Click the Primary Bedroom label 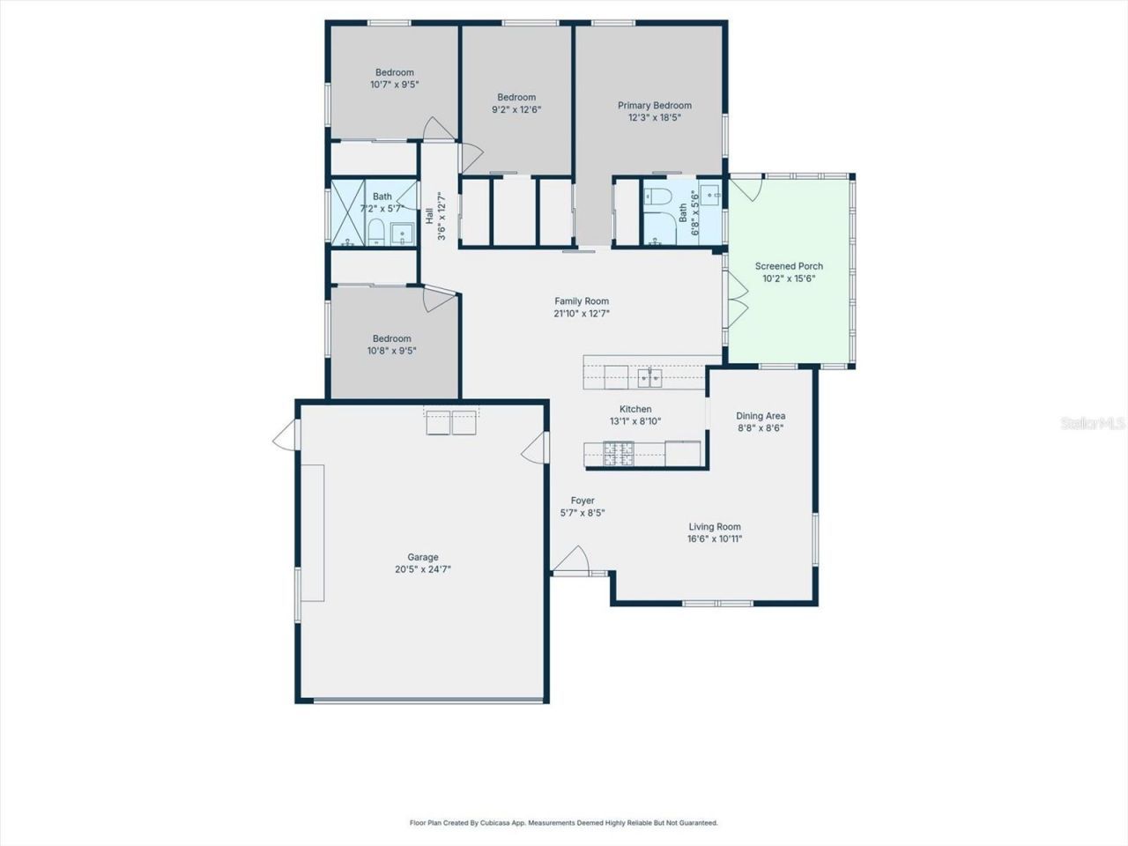coord(654,106)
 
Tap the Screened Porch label coord(789,266)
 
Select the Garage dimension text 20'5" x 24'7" coord(423,569)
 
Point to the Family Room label coord(581,301)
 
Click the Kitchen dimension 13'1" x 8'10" coord(635,421)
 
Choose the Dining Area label coord(761,416)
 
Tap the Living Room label coord(715,527)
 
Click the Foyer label coord(583,501)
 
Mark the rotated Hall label coord(429,216)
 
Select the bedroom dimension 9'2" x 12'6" coord(516,110)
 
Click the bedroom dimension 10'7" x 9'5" coord(394,85)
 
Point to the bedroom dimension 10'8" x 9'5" coord(391,351)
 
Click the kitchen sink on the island coord(650,378)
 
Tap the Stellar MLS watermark coord(1093,424)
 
